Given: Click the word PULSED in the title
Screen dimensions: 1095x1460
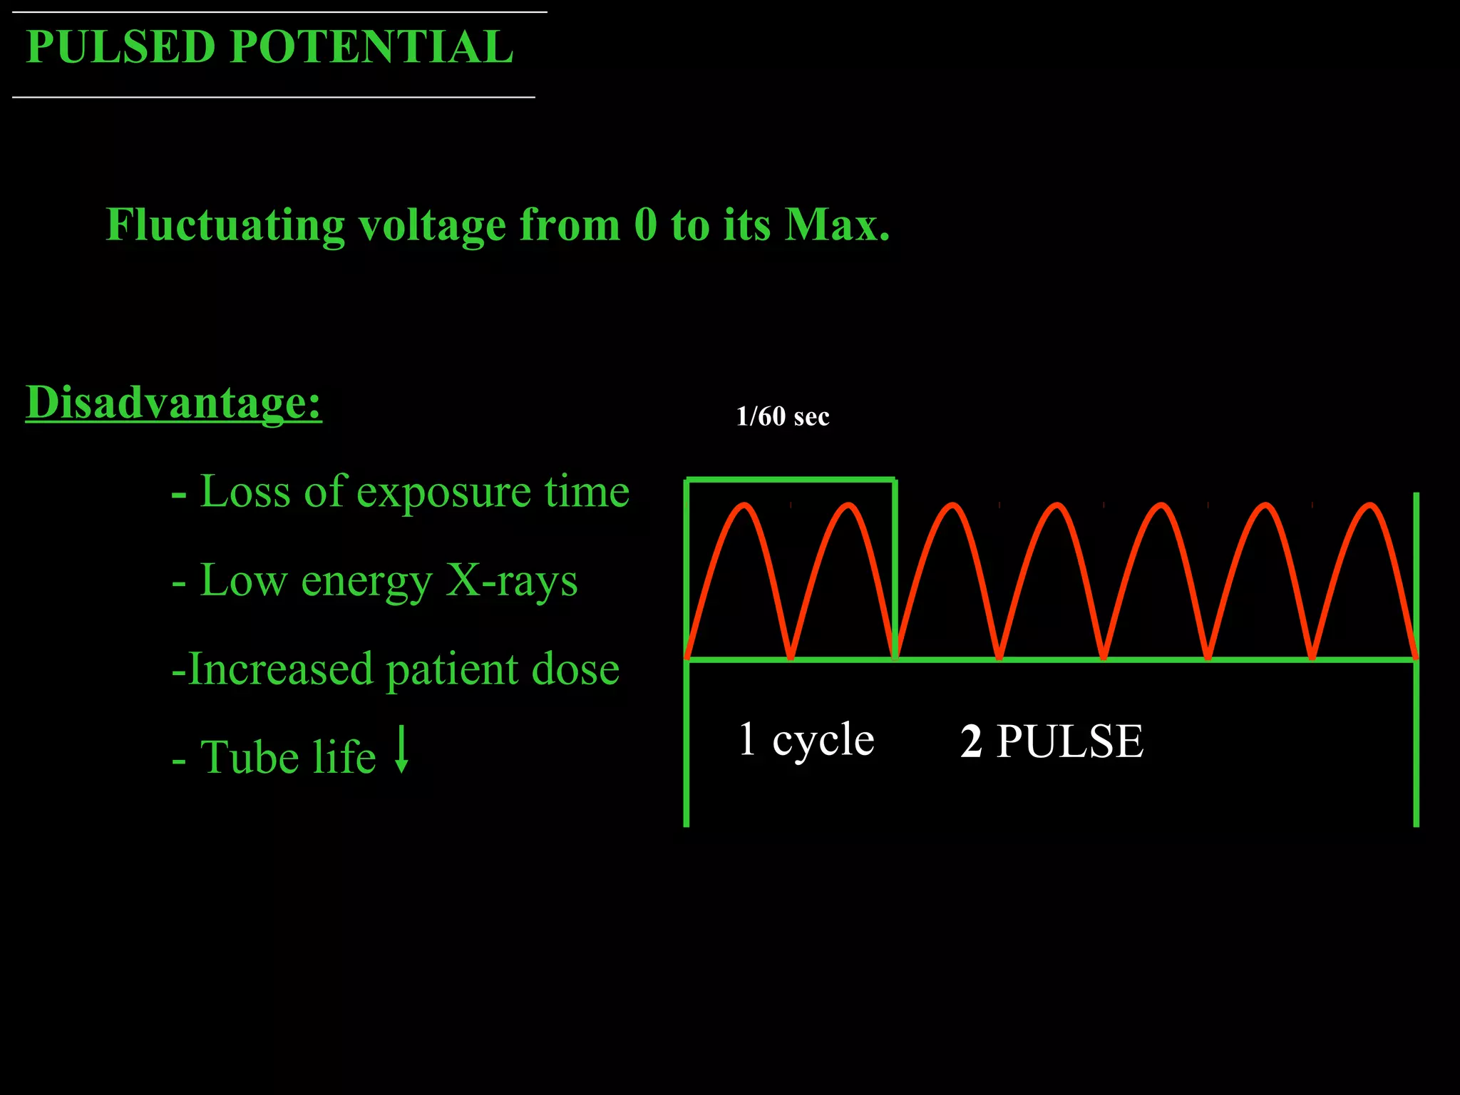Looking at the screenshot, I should click(120, 48).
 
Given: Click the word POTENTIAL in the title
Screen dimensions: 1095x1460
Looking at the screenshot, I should click(371, 48).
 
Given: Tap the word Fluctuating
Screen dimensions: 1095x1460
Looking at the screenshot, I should click(225, 225).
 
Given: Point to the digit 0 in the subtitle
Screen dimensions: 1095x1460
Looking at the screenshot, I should click(645, 225).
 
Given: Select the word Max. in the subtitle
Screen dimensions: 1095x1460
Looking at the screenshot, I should click(837, 225).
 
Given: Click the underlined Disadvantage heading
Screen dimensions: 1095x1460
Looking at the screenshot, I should click(173, 403).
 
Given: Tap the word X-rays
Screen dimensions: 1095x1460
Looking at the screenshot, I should click(511, 580).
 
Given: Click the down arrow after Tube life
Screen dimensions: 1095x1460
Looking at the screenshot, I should click(402, 749).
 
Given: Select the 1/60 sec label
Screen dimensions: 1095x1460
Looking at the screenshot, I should click(782, 416).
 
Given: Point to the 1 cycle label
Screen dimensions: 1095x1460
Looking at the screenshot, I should click(806, 739).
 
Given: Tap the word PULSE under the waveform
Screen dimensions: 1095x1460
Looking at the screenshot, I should click(1069, 741).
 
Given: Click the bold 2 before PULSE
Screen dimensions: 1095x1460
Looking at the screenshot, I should click(971, 741).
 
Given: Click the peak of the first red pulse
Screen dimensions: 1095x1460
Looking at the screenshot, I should click(744, 505).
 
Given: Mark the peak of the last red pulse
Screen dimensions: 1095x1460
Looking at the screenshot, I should click(1369, 505).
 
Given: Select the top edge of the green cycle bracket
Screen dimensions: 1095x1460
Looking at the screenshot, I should click(790, 480).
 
